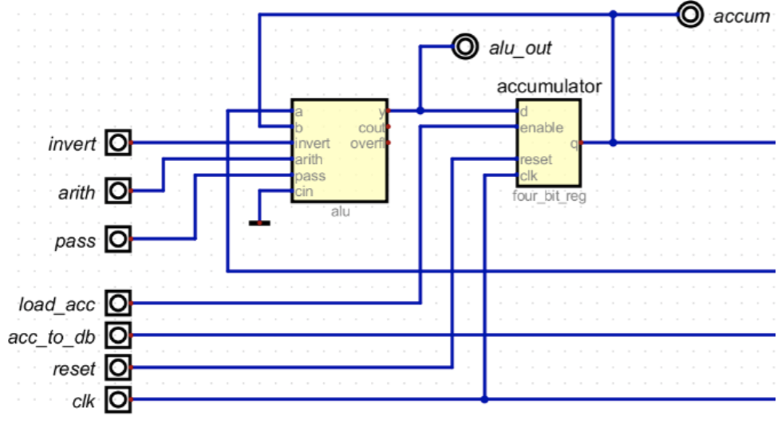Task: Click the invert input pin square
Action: (x=118, y=143)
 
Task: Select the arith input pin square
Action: (x=118, y=191)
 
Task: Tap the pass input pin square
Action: (x=118, y=239)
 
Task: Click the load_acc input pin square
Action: (x=118, y=303)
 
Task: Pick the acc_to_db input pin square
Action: (x=118, y=335)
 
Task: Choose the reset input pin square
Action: (x=118, y=367)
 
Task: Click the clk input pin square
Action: (x=118, y=399)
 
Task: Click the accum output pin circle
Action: (x=688, y=15)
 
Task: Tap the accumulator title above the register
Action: (x=549, y=85)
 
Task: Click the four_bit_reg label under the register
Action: (x=549, y=196)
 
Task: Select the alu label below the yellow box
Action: (x=340, y=211)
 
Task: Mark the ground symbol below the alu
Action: (x=259, y=222)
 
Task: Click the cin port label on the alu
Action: (x=302, y=191)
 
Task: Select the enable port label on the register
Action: (x=542, y=128)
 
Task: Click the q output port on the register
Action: (x=575, y=143)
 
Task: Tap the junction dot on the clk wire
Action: (x=485, y=398)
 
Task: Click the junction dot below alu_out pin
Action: (x=420, y=111)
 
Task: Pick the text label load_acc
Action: (x=57, y=304)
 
